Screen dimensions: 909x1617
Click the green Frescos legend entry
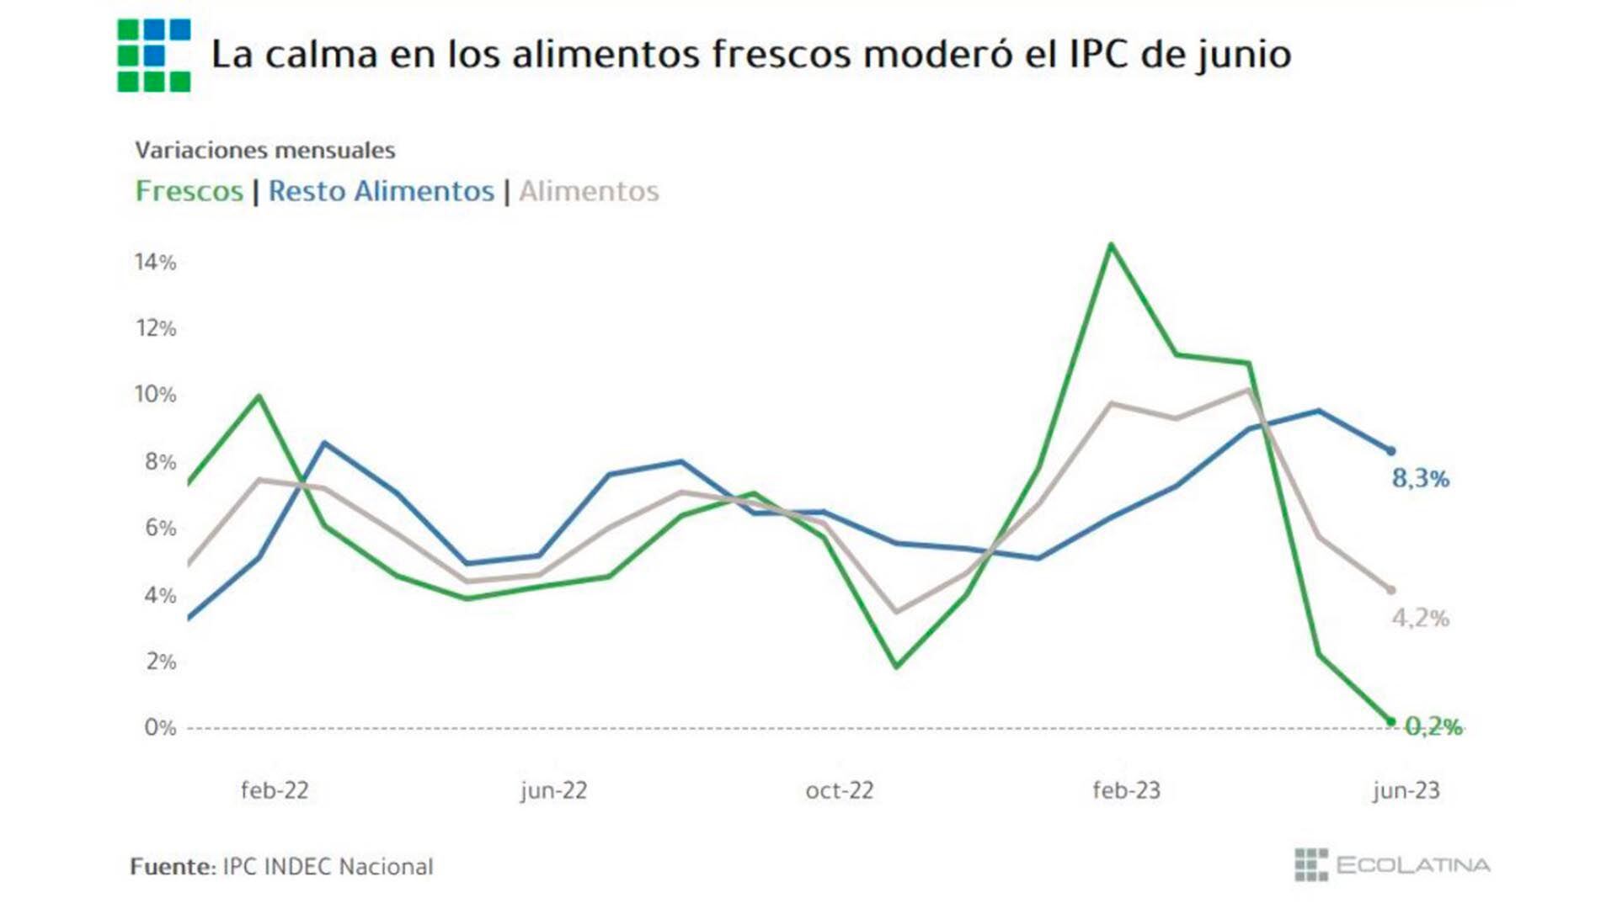pyautogui.click(x=189, y=191)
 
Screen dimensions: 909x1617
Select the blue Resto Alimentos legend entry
pyautogui.click(x=381, y=191)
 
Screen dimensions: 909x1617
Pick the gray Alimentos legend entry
pyautogui.click(x=589, y=191)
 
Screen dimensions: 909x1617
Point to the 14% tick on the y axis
pyautogui.click(x=156, y=263)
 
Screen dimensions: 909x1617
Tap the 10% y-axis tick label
pyautogui.click(x=156, y=395)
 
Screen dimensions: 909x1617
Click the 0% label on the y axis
pyautogui.click(x=160, y=727)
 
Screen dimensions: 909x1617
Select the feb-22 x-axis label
pyautogui.click(x=275, y=790)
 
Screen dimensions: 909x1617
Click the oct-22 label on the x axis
pyautogui.click(x=840, y=790)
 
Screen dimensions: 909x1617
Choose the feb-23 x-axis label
pyautogui.click(x=1126, y=790)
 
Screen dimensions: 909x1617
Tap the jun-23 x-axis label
pyautogui.click(x=1406, y=790)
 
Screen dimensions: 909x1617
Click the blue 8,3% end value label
pyautogui.click(x=1421, y=479)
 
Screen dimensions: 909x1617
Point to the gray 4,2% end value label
pyautogui.click(x=1421, y=619)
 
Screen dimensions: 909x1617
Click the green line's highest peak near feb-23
pyautogui.click(x=1111, y=245)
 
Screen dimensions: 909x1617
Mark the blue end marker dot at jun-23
pyautogui.click(x=1390, y=451)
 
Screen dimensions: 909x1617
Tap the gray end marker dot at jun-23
pyautogui.click(x=1390, y=590)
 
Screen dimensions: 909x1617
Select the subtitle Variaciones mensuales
pyautogui.click(x=265, y=151)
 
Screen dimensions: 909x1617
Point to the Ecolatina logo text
pyautogui.click(x=1412, y=865)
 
